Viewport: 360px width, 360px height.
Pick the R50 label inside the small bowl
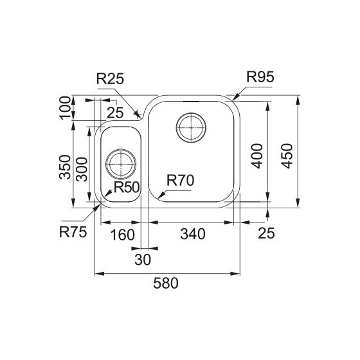pyautogui.click(x=127, y=187)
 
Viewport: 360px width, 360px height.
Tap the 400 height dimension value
pyautogui.click(x=257, y=155)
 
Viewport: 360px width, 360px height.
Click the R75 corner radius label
pyautogui.click(x=74, y=230)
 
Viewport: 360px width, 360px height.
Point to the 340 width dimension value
pyautogui.click(x=193, y=235)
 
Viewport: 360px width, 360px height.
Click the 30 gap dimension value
pyautogui.click(x=143, y=260)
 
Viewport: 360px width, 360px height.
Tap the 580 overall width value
pyautogui.click(x=167, y=283)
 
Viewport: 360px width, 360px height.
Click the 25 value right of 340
pyautogui.click(x=265, y=235)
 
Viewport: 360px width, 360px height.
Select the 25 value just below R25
pyautogui.click(x=115, y=114)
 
